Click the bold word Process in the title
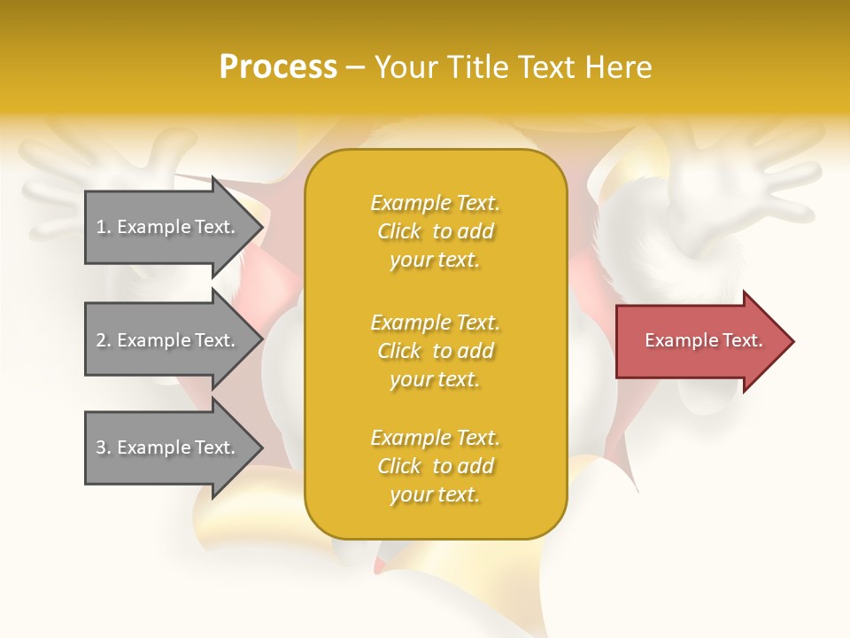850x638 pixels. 278,67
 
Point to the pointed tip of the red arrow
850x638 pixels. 790,341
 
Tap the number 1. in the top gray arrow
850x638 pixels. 104,227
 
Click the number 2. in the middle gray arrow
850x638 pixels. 104,340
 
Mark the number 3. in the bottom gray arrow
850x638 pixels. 104,447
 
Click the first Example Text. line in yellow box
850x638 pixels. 435,203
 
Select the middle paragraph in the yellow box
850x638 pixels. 435,351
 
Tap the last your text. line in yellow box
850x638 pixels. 435,494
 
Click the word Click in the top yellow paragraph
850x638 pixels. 399,231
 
